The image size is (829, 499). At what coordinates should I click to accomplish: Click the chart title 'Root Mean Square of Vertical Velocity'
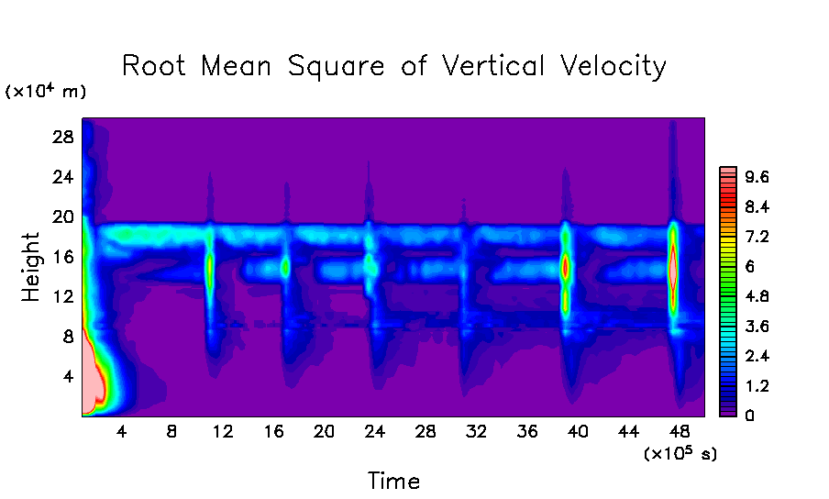(394, 66)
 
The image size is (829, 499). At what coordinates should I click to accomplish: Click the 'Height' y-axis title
(31, 267)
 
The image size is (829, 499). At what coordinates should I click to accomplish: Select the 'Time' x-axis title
(393, 481)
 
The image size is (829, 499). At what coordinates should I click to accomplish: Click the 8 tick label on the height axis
(68, 337)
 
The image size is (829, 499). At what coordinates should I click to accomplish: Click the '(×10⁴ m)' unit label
(47, 91)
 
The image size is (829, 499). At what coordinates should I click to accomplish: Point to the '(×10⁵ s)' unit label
(680, 453)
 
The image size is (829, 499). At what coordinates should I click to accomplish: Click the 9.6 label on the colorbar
(757, 176)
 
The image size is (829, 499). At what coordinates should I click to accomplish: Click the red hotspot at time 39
(565, 268)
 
